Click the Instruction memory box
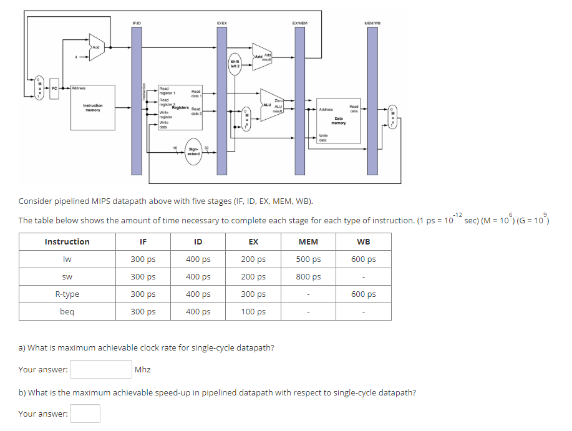[x=92, y=107]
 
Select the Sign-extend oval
[x=193, y=151]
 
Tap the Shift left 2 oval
[x=235, y=64]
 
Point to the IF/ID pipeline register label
[x=137, y=23]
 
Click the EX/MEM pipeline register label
[x=299, y=23]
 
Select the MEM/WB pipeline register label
[x=372, y=23]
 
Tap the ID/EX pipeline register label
[x=221, y=23]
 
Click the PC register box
[x=54, y=89]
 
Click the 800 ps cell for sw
[x=308, y=277]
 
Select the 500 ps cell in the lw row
[x=308, y=259]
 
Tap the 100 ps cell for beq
[x=253, y=312]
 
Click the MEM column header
[x=308, y=242]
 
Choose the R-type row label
[x=67, y=294]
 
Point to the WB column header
[x=363, y=242]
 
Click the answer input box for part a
[x=100, y=370]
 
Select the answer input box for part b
[x=85, y=414]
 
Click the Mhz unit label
[x=143, y=370]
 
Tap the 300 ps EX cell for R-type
[x=253, y=294]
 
